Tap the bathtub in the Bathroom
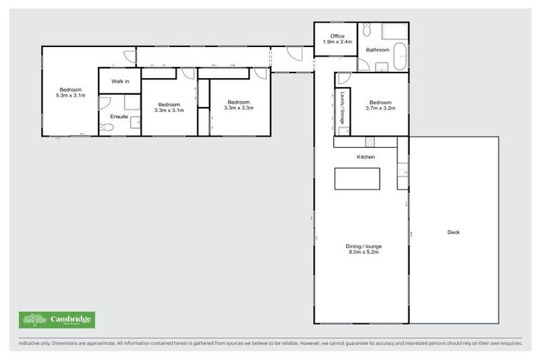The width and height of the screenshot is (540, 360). [399, 56]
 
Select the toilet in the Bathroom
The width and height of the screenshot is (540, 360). [367, 30]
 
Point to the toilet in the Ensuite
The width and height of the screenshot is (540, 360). [106, 127]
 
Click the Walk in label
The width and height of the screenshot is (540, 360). [120, 82]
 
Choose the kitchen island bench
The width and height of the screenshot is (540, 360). [357, 179]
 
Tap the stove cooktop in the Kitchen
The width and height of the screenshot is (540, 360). [366, 141]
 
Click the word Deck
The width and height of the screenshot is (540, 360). [454, 232]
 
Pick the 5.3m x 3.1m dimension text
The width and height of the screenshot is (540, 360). [70, 95]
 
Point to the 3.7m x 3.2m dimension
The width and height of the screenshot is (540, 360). [380, 108]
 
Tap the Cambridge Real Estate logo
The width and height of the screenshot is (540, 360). [57, 320]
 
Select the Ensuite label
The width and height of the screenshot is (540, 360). [120, 117]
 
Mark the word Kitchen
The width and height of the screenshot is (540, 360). [366, 157]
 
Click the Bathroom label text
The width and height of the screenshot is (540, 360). [378, 50]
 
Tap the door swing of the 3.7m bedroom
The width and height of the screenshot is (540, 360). [343, 78]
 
